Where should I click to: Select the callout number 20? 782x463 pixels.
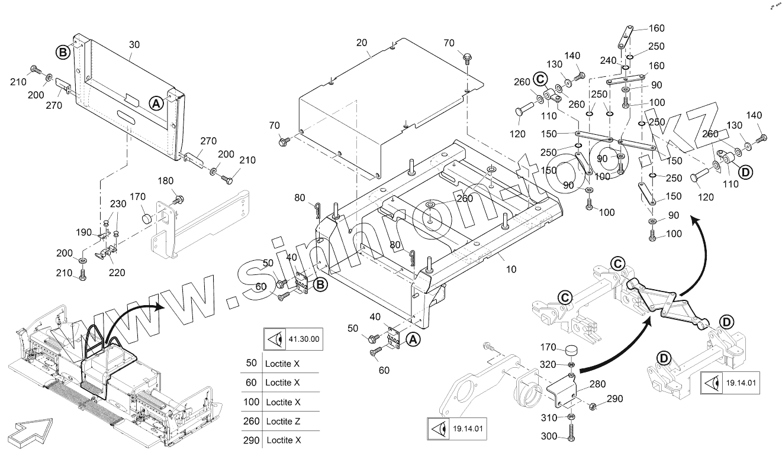362,43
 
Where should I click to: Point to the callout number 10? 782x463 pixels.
511,269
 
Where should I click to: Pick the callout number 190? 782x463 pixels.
85,232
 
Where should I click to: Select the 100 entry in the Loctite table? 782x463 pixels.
251,402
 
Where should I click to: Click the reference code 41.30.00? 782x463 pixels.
304,339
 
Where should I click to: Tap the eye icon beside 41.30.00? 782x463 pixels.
274,339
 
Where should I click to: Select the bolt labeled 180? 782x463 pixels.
178,197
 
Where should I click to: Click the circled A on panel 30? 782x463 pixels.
155,103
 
